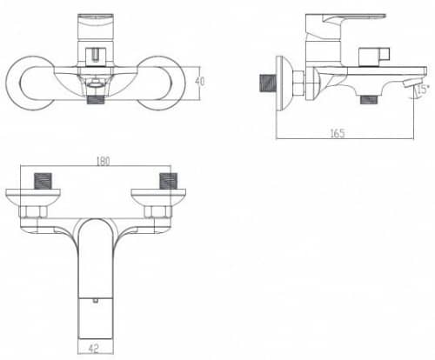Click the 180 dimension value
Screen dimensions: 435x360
point(104,161)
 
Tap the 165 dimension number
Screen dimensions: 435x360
point(338,133)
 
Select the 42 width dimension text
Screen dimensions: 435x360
point(93,348)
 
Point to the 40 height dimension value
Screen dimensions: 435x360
point(200,82)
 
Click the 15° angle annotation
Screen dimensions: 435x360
point(423,90)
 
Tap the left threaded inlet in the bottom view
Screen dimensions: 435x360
point(43,181)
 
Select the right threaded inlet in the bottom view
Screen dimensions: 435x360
point(168,181)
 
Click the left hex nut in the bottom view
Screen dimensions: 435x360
point(33,212)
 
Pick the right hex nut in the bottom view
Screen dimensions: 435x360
point(158,212)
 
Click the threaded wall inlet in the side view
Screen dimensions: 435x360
point(268,83)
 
